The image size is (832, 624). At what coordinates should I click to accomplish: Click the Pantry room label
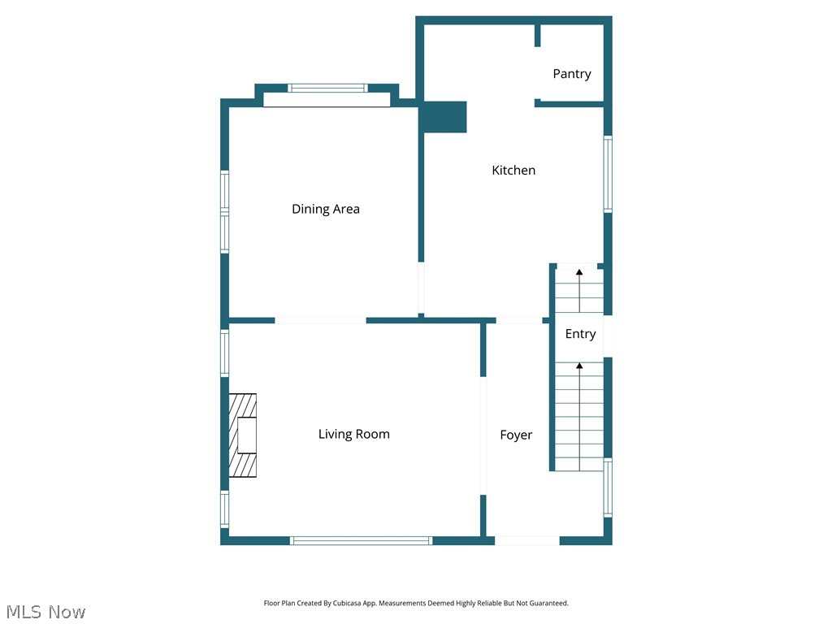571,74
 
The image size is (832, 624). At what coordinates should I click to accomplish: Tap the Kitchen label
513,171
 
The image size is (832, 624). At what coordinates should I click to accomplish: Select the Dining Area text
325,209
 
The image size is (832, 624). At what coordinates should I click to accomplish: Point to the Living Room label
353,435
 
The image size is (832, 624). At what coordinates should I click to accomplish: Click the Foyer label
516,435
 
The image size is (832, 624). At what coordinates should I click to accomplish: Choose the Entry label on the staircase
580,334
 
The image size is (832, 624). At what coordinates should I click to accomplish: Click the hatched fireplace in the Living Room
242,435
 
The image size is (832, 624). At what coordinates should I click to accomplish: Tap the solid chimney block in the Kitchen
444,117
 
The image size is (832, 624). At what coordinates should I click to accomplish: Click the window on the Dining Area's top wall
328,88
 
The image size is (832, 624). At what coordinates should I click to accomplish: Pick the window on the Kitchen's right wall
608,175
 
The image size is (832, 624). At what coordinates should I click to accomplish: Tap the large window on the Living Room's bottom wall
362,540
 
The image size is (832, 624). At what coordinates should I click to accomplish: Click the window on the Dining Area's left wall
225,211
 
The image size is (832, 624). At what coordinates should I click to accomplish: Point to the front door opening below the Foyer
526,540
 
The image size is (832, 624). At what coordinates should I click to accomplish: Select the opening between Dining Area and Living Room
320,320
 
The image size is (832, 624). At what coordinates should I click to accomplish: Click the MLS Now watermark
45,612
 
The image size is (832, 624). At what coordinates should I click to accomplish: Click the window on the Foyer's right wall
608,487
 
